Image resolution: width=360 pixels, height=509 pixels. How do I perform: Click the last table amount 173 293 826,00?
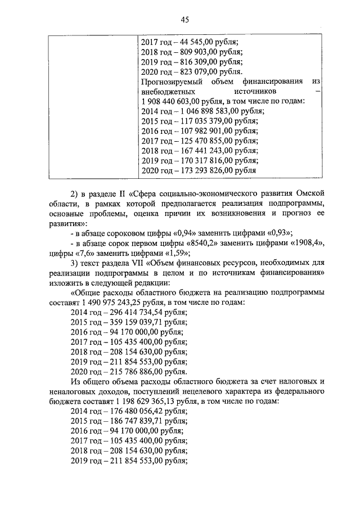[x=202, y=170]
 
